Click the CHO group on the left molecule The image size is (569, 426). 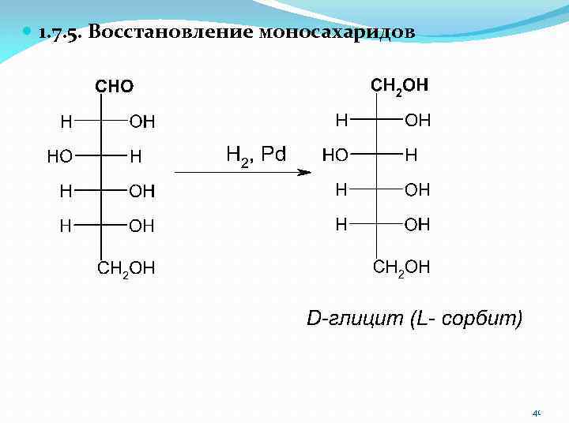point(115,87)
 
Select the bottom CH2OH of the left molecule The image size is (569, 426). point(126,269)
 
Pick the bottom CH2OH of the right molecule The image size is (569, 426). point(401,268)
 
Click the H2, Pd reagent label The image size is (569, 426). point(256,155)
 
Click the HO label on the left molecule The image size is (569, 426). point(60,157)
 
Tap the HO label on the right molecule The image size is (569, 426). point(335,155)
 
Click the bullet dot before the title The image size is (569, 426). point(27,32)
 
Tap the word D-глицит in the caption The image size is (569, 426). point(352,319)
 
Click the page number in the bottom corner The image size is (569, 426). point(535,412)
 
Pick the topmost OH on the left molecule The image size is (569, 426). point(142,122)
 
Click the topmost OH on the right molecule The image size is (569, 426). point(418,121)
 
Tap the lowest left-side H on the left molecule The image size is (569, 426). point(66,226)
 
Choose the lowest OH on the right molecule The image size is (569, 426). point(418,225)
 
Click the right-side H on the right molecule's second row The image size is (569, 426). point(411,155)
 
